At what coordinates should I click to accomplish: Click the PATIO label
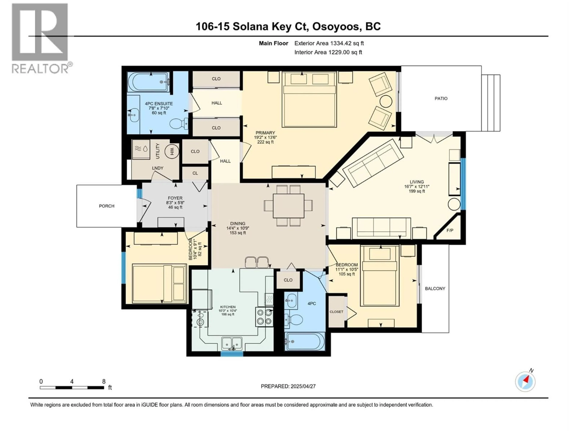tap(441, 98)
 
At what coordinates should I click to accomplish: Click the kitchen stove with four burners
tap(264, 317)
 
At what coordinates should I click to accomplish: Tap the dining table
tap(288, 206)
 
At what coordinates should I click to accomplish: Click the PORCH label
tap(106, 206)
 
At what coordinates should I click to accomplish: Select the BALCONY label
tap(435, 288)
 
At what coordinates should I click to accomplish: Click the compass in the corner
tap(525, 382)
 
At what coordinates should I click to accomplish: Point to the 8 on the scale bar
tap(104, 381)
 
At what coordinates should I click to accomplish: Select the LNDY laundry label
tap(158, 168)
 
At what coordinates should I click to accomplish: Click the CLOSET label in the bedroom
tap(336, 312)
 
